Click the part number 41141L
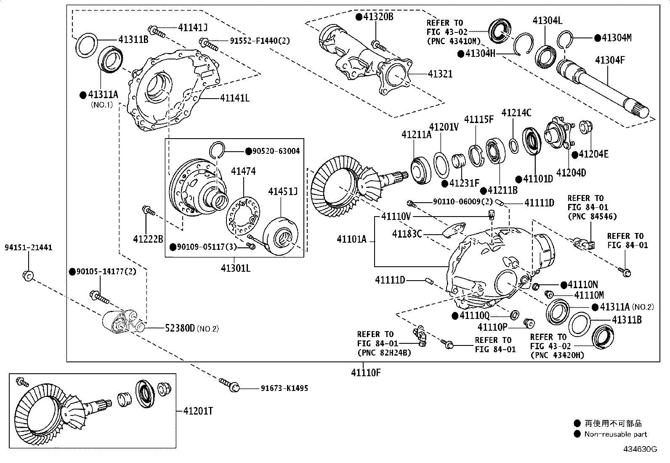coord(234,98)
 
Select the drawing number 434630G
coord(640,449)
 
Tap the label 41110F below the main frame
coord(366,372)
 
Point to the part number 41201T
coord(197,411)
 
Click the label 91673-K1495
coord(284,388)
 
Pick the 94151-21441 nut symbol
coord(28,276)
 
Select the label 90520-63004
coord(276,151)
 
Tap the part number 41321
coord(440,74)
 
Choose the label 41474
coord(243,171)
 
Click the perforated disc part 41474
coord(243,215)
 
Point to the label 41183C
coord(407,234)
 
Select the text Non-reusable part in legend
coord(615,434)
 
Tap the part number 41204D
coord(571,172)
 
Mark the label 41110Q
coord(474,316)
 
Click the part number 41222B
coord(148,239)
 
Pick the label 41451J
coord(283,192)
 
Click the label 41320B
coord(378,17)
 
